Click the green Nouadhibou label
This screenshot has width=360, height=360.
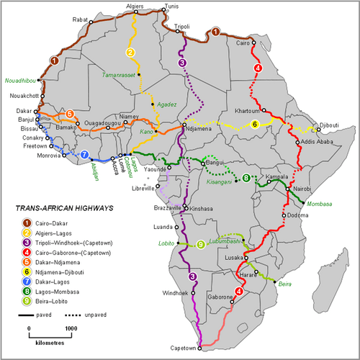tap(19, 81)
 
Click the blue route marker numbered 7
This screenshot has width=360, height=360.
tap(84, 155)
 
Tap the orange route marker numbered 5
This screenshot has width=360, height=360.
tap(69, 114)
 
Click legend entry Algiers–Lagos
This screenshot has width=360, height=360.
tap(55, 233)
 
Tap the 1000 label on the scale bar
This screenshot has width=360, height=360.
tap(70, 328)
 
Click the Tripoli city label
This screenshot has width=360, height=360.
tap(182, 27)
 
